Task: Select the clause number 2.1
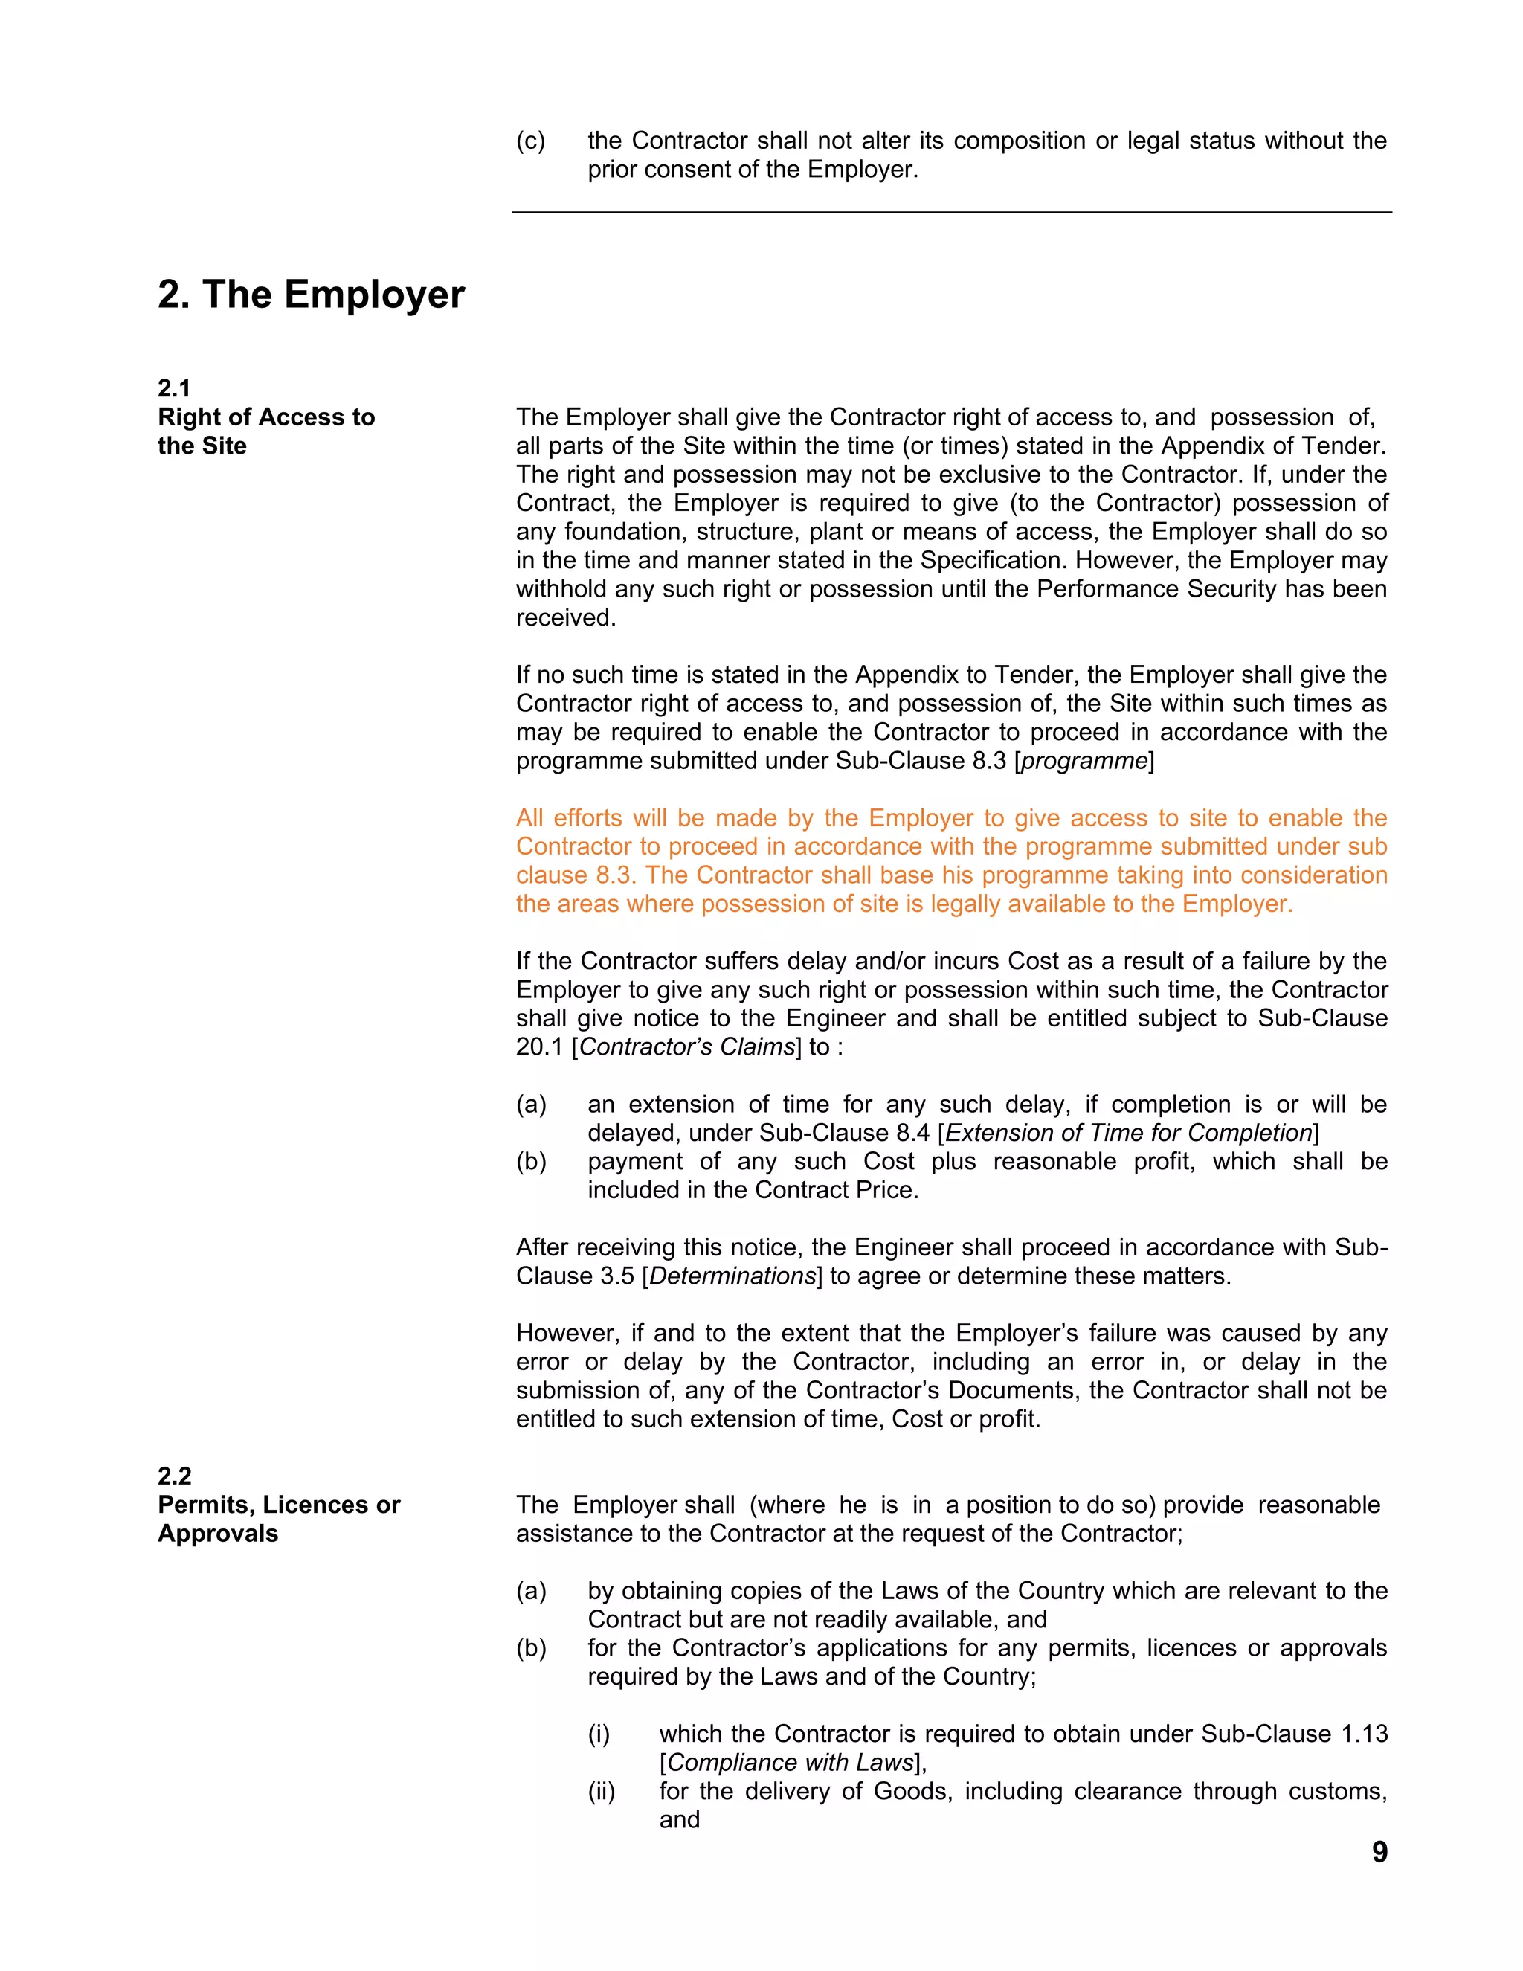click(174, 388)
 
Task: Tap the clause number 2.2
click(174, 1476)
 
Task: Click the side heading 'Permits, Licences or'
click(279, 1505)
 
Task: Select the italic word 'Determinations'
click(732, 1276)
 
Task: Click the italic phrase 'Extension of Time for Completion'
click(1128, 1133)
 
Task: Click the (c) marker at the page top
click(530, 141)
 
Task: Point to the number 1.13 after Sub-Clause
click(1363, 1734)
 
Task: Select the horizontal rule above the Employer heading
click(952, 213)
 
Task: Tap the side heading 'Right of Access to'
click(266, 417)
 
